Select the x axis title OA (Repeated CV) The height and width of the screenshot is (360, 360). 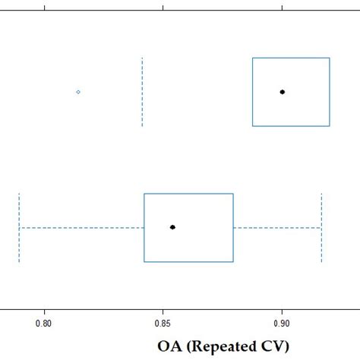(224, 346)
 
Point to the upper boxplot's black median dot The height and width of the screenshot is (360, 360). (282, 91)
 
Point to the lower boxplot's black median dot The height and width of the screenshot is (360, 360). (172, 227)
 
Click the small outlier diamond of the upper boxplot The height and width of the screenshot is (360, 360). (78, 91)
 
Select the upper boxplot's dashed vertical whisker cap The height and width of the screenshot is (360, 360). (142, 91)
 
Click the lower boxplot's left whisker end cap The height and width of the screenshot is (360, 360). (19, 227)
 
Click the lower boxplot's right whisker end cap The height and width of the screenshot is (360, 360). (321, 227)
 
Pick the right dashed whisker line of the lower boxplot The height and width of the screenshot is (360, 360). (277, 227)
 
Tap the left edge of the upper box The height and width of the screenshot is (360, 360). (253, 91)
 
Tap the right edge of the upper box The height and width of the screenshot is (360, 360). (329, 91)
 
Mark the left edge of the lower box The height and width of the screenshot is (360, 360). (144, 227)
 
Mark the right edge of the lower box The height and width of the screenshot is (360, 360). (233, 227)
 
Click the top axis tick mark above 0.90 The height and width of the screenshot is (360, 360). (282, 7)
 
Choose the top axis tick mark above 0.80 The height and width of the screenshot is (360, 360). (45, 7)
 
